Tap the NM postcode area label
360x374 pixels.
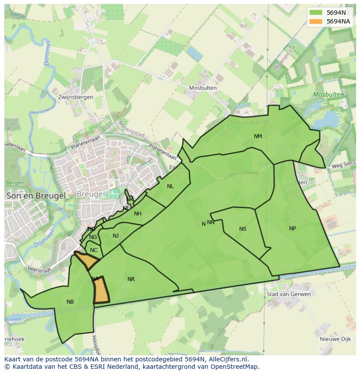click(258, 136)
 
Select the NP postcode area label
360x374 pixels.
click(293, 228)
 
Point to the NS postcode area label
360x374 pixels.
click(243, 229)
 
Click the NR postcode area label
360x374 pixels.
click(131, 279)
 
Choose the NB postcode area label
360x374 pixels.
click(70, 302)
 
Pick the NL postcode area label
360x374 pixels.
click(170, 186)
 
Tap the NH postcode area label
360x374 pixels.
click(137, 214)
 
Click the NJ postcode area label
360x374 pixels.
click(116, 236)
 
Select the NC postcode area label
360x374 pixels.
click(93, 250)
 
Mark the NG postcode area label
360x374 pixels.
click(93, 237)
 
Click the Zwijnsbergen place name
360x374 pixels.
click(76, 97)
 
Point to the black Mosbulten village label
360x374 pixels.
click(203, 88)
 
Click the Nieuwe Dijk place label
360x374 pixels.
click(335, 339)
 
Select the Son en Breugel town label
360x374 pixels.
click(37, 196)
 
